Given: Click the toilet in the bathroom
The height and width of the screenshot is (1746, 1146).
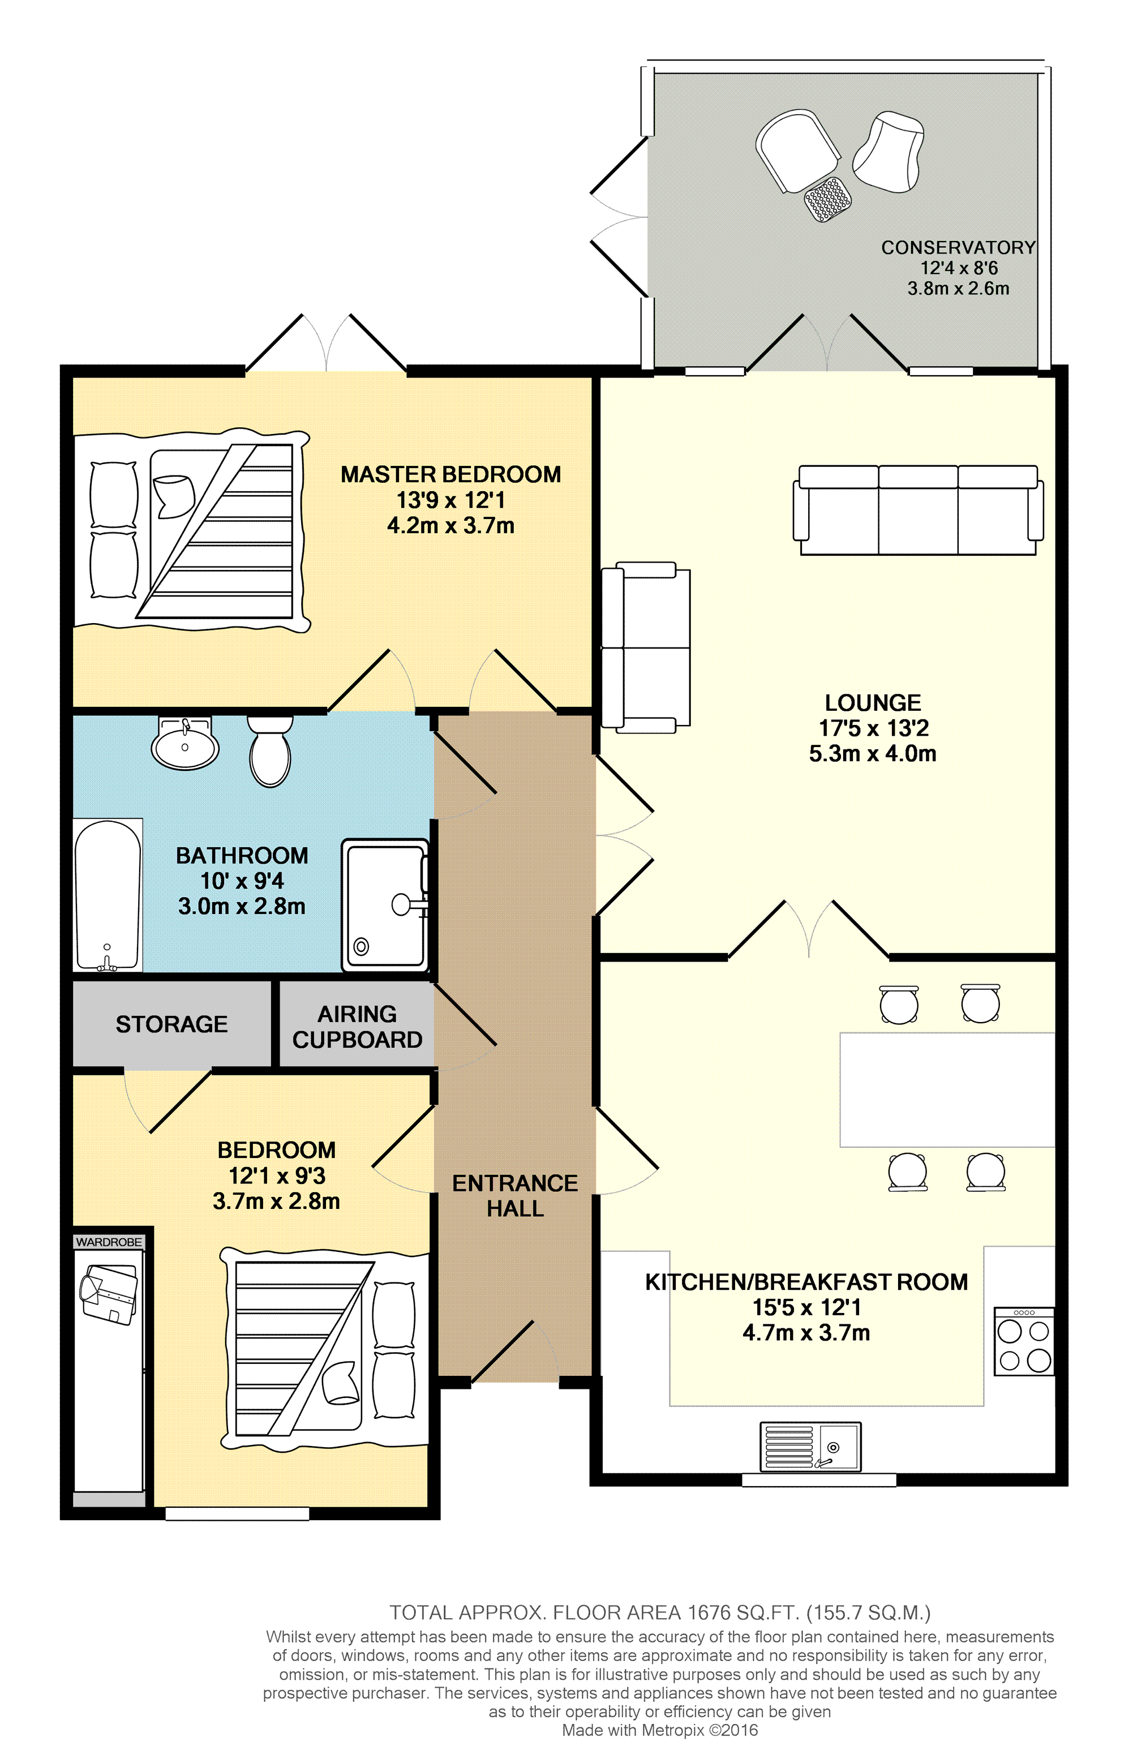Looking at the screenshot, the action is tap(270, 750).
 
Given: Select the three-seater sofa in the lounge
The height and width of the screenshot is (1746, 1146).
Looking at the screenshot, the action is tap(918, 510).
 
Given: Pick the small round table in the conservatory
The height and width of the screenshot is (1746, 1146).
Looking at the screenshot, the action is tap(827, 199).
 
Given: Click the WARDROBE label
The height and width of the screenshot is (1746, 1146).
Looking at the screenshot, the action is tap(109, 1241).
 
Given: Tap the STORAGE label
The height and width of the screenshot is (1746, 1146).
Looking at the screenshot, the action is tap(171, 1024).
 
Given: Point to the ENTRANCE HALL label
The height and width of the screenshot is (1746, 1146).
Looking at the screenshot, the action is tap(515, 1195).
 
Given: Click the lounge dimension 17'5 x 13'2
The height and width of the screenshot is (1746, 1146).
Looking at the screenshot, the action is tap(874, 728).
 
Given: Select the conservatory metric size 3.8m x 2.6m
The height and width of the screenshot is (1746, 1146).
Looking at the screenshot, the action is tap(958, 288).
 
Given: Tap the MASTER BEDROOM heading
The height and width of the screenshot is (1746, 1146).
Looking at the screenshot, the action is tap(450, 475).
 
